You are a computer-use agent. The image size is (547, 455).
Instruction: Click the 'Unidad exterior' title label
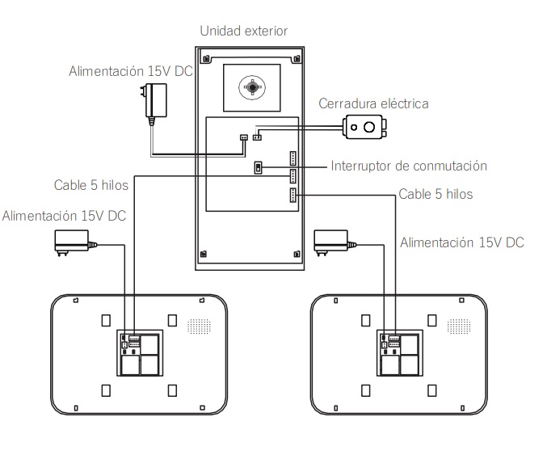tap(243, 31)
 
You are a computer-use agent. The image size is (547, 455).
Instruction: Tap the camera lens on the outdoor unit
tap(253, 85)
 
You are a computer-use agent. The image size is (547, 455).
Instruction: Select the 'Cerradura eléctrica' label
tap(373, 103)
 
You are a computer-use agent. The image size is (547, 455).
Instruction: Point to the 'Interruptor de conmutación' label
tap(409, 166)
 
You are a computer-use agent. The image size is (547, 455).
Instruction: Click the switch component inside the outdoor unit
tap(259, 167)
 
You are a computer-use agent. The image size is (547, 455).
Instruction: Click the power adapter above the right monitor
tap(332, 240)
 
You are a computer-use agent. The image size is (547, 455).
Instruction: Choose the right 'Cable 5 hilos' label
tap(435, 195)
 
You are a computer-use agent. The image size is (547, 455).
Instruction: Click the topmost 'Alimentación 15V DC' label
tap(132, 71)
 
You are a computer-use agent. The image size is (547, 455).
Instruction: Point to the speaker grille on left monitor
tap(199, 326)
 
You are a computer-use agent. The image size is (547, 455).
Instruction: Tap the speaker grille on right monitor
tap(458, 326)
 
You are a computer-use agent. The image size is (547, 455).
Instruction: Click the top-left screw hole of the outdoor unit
tap(208, 60)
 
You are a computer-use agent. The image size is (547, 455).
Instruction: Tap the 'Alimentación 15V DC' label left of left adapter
tap(64, 216)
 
